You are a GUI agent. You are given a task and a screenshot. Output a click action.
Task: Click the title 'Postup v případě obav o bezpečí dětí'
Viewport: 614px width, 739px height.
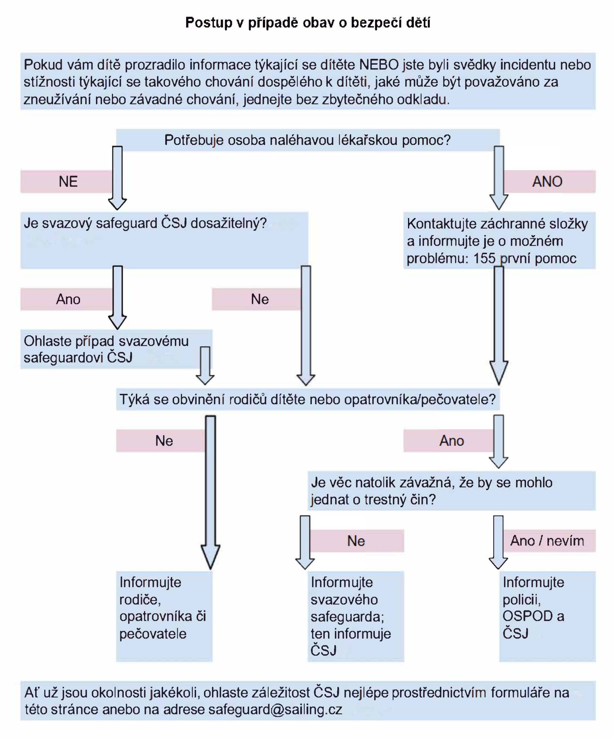[x=308, y=22]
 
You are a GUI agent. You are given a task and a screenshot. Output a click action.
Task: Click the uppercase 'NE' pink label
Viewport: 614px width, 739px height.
[x=68, y=182]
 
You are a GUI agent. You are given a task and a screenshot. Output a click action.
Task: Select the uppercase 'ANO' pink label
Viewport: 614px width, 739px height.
[x=547, y=182]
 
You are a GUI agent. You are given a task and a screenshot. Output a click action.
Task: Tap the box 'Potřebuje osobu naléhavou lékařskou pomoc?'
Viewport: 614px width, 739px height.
[x=308, y=140]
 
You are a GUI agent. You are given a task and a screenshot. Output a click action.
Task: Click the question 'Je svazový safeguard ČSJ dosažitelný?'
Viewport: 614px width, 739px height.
[x=145, y=223]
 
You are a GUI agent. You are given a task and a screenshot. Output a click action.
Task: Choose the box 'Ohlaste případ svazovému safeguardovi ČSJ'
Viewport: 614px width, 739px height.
[x=106, y=349]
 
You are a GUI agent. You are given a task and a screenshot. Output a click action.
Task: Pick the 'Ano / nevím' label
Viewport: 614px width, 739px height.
[x=547, y=541]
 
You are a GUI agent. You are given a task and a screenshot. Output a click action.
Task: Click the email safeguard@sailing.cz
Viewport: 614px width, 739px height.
[x=275, y=710]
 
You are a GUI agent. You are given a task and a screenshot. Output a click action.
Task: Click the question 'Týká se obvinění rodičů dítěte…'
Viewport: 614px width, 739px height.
[x=308, y=399]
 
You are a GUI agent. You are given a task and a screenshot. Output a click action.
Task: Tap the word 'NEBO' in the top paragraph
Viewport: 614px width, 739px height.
[x=379, y=65]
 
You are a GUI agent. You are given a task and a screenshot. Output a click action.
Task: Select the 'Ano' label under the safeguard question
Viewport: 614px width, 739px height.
[x=68, y=299]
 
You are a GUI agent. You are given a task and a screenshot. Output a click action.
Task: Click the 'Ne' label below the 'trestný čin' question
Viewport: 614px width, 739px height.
[x=356, y=541]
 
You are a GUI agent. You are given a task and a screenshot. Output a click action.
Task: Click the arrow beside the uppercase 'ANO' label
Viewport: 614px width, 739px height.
[x=499, y=178]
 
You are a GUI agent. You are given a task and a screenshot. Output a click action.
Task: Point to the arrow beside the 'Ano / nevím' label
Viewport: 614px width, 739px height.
[x=498, y=542]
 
